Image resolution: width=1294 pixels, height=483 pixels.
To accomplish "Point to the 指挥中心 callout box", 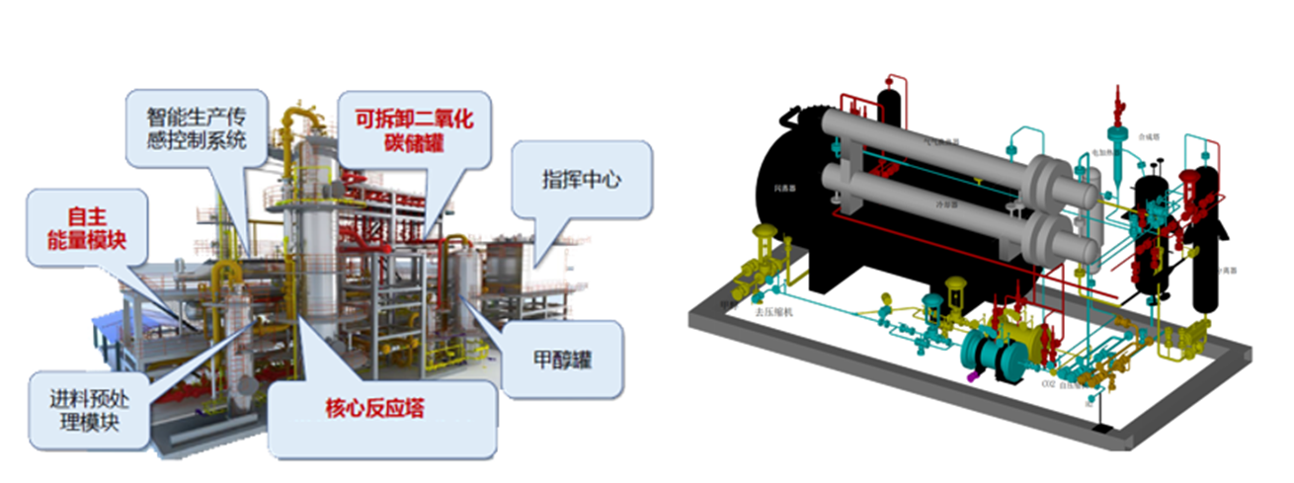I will pos(582,182).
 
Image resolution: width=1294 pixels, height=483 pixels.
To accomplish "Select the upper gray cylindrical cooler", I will pos(948,148).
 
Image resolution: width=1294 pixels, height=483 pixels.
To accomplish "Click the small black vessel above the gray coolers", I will pos(888,100).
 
